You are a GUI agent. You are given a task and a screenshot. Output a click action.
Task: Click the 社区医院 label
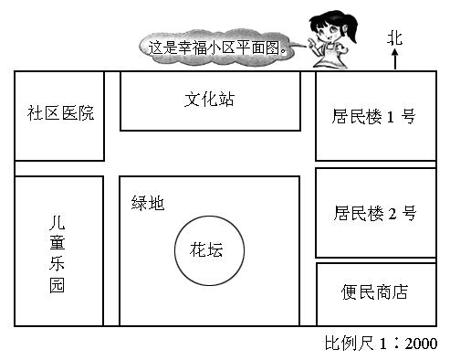(x=60, y=114)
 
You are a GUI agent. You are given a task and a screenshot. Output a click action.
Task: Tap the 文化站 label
(x=209, y=99)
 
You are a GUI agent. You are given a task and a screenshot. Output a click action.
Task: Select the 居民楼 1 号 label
(x=374, y=117)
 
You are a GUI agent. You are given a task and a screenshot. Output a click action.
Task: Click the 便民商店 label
(x=374, y=292)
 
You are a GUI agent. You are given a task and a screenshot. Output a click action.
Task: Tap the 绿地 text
(x=148, y=204)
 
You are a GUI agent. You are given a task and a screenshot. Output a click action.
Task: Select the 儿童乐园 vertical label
(x=58, y=253)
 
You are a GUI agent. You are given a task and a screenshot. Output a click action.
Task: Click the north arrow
(x=394, y=59)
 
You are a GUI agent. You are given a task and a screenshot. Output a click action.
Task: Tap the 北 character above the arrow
(x=394, y=37)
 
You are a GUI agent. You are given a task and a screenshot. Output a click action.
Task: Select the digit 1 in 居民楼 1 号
(x=392, y=117)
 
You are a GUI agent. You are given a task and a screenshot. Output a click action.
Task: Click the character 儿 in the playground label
(x=58, y=222)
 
